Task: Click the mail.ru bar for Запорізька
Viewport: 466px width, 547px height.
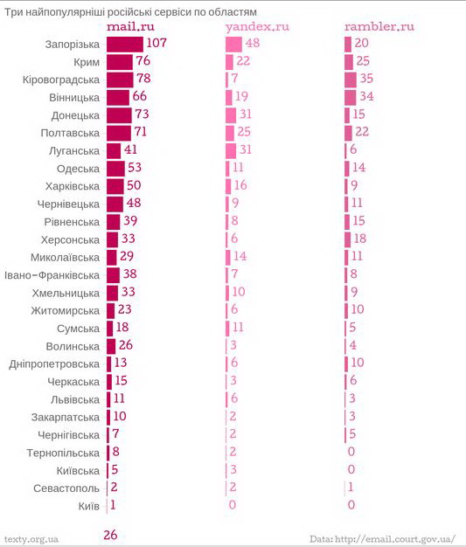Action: coord(125,45)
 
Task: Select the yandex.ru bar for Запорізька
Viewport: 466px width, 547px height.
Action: coord(233,45)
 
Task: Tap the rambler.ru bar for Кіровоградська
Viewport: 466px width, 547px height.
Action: coord(351,80)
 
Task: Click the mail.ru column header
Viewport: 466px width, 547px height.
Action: coord(130,27)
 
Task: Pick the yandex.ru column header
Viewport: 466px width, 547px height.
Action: coord(258,27)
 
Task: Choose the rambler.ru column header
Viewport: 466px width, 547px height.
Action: coord(379,26)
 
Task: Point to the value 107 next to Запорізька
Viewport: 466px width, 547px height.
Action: coord(156,43)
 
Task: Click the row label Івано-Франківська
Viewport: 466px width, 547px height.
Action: coord(52,275)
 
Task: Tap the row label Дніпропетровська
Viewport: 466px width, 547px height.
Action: coord(54,364)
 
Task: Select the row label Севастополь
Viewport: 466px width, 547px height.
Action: coord(66,488)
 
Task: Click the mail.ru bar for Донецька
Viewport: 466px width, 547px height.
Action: coord(120,115)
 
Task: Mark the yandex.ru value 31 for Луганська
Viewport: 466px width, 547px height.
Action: coord(246,149)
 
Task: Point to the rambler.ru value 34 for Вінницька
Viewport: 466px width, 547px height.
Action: coord(366,96)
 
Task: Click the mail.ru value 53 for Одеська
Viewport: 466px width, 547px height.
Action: coord(135,167)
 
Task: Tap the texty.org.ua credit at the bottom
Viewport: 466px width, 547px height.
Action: coord(31,539)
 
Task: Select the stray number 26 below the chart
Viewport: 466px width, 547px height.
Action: coord(110,535)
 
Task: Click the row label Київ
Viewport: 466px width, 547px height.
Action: coord(89,506)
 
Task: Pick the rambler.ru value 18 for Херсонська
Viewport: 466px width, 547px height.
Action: coord(360,239)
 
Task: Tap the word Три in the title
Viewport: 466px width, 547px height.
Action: coord(13,12)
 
